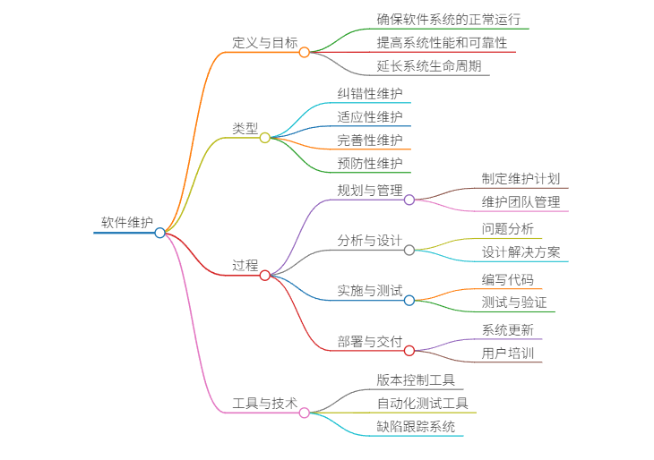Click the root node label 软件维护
(126, 222)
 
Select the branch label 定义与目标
(264, 42)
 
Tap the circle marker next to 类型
(264, 138)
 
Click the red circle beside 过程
(264, 275)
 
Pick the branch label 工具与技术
(264, 403)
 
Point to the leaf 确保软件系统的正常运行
(449, 19)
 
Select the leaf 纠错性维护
(370, 93)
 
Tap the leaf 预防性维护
(370, 163)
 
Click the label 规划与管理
(370, 190)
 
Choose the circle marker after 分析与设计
(409, 250)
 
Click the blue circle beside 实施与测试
(409, 300)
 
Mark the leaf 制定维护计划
(521, 178)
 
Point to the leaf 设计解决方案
(521, 251)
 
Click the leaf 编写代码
(507, 279)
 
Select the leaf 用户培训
(507, 353)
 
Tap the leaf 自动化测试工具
(422, 403)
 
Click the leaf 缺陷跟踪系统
(416, 426)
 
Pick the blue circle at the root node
(159, 233)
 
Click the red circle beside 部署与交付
(409, 350)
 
